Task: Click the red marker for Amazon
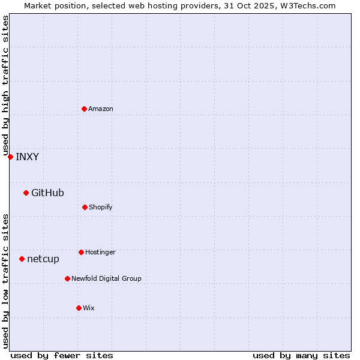pos(84,109)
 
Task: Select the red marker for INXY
pos(10,157)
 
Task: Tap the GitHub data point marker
pos(26,193)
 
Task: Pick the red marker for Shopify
pos(85,207)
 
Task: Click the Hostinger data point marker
pos(81,252)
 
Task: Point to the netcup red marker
pos(22,259)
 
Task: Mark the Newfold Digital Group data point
pos(67,278)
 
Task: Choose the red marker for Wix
pos(79,308)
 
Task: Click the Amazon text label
pos(101,109)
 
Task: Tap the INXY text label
pos(27,157)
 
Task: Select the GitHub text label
pos(47,193)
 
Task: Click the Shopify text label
pos(101,208)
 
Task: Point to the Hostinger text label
pos(100,253)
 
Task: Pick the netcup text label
pos(43,259)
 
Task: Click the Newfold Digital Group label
pos(106,279)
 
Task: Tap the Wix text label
pos(89,308)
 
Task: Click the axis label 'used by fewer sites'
pos(62,355)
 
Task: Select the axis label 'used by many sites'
pos(301,355)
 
